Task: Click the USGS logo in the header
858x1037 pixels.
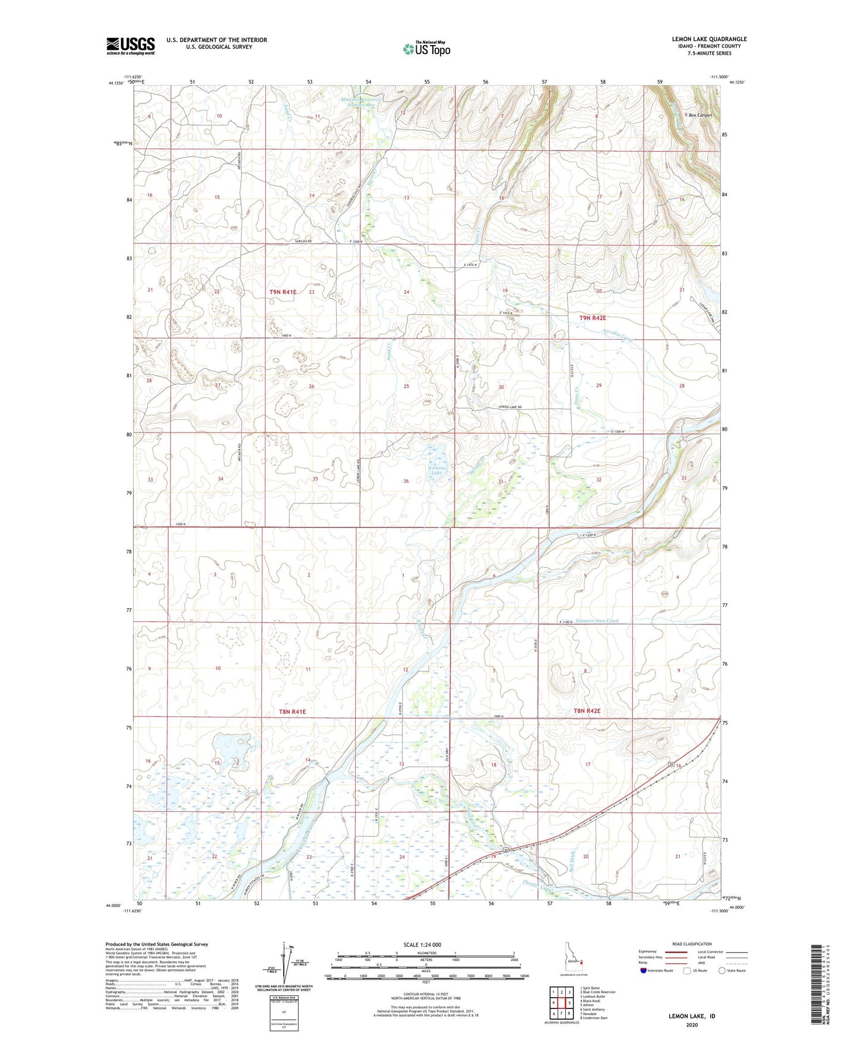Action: (x=131, y=46)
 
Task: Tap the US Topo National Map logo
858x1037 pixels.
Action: (x=426, y=49)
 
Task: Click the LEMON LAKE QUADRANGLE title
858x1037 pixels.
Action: (x=709, y=39)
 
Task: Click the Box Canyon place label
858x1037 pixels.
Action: (x=700, y=115)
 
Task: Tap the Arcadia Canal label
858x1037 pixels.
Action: (x=619, y=336)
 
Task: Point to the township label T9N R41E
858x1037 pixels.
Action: (x=283, y=292)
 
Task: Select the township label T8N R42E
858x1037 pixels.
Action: (x=587, y=711)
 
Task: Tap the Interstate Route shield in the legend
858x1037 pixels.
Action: (x=644, y=970)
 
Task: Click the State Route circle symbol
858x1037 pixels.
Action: (x=721, y=970)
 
